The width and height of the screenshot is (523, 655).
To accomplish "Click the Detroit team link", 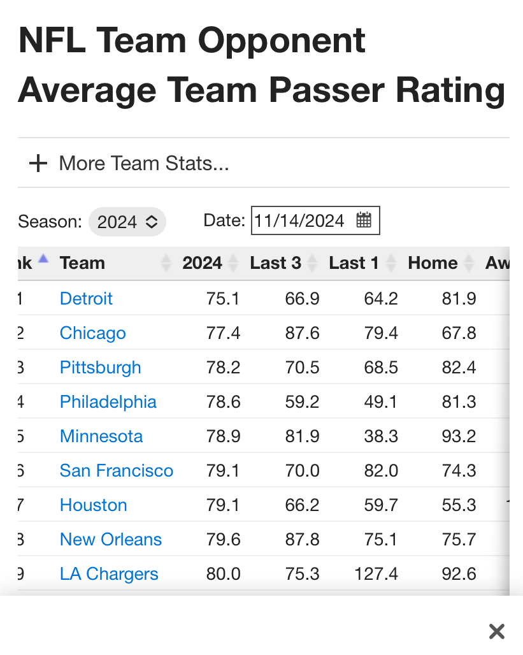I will [86, 298].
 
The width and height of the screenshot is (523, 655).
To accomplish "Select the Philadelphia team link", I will [108, 401].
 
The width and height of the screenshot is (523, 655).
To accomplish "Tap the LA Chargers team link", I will [109, 573].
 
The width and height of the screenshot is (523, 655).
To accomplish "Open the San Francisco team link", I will [116, 470].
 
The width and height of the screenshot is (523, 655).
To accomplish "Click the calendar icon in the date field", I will [364, 220].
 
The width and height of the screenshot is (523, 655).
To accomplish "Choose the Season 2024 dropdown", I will [127, 222].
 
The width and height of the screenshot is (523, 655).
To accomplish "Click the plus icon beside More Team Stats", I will [38, 164].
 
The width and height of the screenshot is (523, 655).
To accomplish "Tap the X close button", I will [497, 631].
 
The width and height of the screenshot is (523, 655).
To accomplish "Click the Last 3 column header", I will [275, 263].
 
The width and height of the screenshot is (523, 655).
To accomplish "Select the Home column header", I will [433, 263].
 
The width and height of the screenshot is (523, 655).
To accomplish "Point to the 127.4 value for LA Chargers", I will [376, 573].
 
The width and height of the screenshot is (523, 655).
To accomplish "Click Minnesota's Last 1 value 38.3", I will [381, 436].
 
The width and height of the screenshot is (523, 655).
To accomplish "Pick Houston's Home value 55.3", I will [459, 505].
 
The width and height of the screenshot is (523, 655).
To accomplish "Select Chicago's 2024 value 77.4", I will [223, 333].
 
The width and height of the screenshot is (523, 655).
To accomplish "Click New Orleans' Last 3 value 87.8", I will [302, 539].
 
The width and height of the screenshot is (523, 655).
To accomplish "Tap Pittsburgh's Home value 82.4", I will [459, 367].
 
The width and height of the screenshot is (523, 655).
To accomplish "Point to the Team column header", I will [82, 263].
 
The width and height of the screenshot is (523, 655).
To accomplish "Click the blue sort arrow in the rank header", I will [43, 259].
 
